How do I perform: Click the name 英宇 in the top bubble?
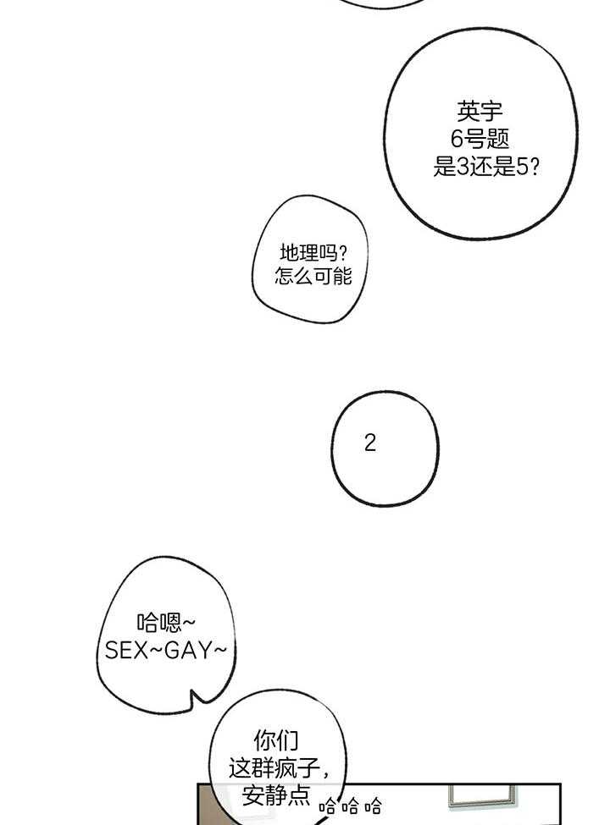(x=480, y=111)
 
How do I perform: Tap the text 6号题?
(x=480, y=140)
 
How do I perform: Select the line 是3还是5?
(x=485, y=168)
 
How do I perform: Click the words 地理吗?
(x=313, y=252)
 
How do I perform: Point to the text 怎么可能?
(x=313, y=276)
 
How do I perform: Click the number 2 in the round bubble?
(x=369, y=443)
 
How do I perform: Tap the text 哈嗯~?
(x=166, y=623)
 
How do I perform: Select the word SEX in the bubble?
(x=127, y=651)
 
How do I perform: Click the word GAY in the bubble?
(x=188, y=651)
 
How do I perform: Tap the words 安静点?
(x=275, y=795)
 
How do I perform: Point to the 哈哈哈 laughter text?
(x=350, y=806)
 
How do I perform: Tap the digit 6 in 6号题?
(x=457, y=140)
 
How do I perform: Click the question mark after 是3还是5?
(x=534, y=168)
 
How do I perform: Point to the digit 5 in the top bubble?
(x=522, y=168)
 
